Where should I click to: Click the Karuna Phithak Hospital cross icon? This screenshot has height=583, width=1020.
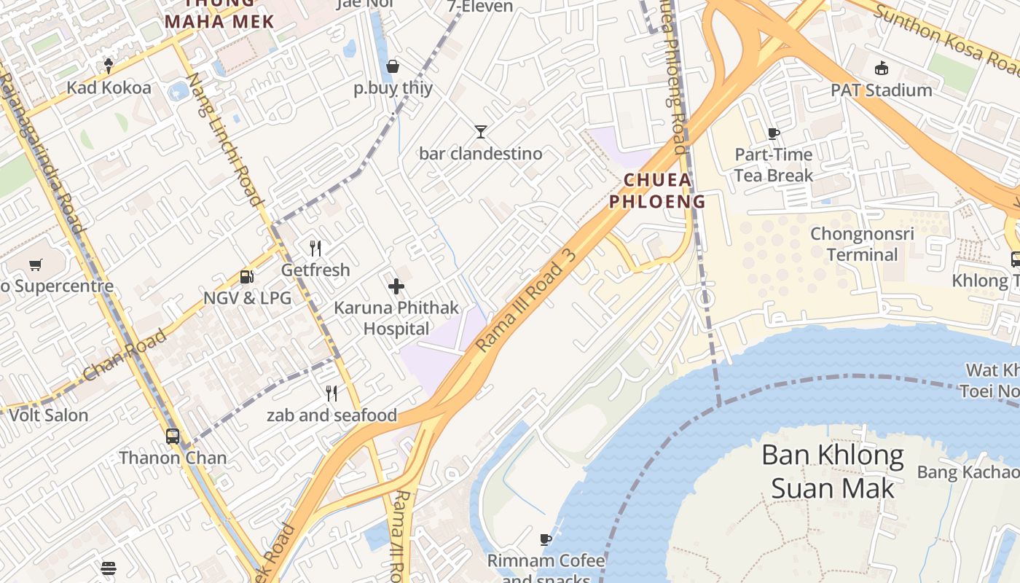click(396, 286)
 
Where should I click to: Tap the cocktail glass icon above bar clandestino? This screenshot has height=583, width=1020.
click(481, 132)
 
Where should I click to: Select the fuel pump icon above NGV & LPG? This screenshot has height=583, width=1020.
click(247, 276)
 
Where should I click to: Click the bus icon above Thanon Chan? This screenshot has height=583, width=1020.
click(173, 437)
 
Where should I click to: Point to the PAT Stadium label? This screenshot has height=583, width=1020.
click(882, 90)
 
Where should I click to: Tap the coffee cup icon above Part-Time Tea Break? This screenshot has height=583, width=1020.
click(773, 133)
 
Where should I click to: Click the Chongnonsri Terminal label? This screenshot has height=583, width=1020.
click(863, 244)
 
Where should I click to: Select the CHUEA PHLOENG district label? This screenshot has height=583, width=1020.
click(657, 191)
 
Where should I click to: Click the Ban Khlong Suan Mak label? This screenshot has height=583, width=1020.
click(832, 472)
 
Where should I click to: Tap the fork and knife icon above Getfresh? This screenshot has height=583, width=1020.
click(315, 249)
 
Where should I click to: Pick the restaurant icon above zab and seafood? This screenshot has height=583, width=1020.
click(331, 394)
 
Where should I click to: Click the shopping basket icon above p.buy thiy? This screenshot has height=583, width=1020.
click(393, 67)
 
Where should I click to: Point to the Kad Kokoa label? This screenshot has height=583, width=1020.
click(109, 88)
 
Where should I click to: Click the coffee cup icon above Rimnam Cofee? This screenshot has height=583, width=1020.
click(546, 539)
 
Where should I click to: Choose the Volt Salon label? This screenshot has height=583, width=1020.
click(48, 415)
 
